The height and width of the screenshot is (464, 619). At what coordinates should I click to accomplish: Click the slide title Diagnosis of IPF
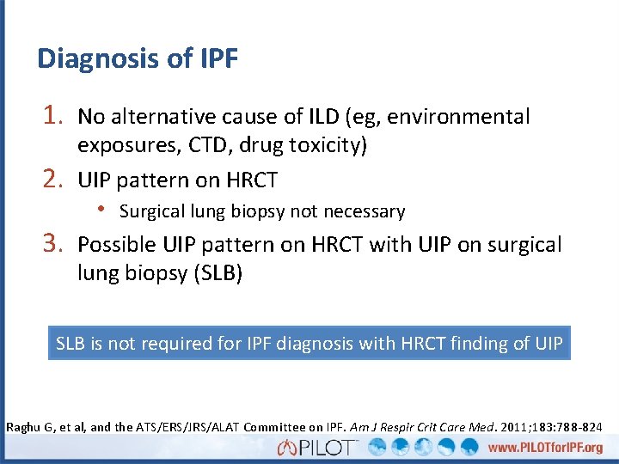coord(138,58)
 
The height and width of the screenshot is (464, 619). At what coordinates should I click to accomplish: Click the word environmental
coord(463,117)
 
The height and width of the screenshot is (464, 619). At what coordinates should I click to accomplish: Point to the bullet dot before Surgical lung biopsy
coord(101,211)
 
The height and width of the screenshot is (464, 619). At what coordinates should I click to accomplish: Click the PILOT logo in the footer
coord(319,448)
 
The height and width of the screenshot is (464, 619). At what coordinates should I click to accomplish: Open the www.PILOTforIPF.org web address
coord(546,449)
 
